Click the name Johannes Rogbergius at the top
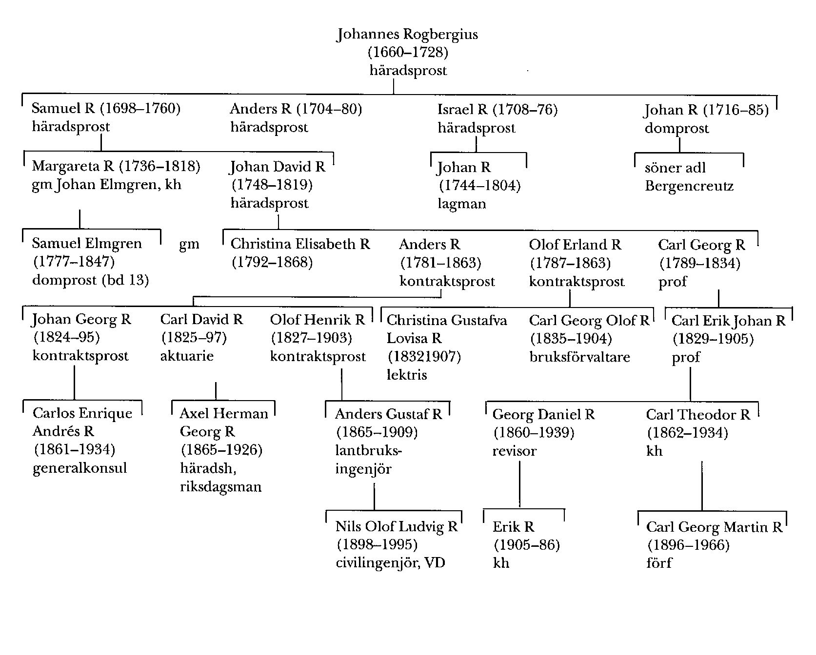[407, 35]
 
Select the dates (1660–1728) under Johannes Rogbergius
[408, 52]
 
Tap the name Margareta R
[73, 166]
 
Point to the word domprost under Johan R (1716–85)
[677, 128]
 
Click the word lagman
[462, 204]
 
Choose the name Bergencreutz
[689, 186]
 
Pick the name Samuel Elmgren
[87, 243]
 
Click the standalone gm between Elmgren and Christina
[189, 244]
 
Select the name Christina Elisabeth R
[300, 244]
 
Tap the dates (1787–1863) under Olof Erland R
[570, 263]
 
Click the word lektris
[407, 375]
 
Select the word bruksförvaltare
[580, 357]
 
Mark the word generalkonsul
[80, 468]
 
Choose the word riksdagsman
[221, 486]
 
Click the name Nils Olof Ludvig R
[397, 526]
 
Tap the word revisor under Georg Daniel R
[514, 451]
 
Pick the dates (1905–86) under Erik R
[527, 545]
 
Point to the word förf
[659, 563]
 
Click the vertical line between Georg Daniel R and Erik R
[520, 484]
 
